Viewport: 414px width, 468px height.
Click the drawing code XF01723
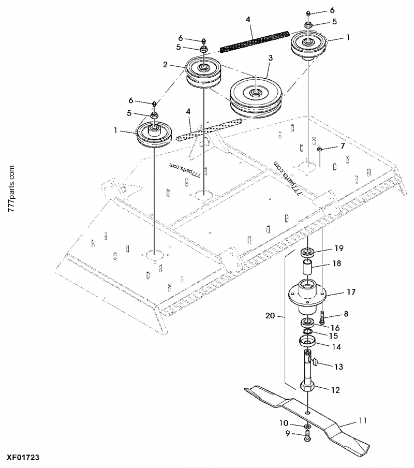pos(23,458)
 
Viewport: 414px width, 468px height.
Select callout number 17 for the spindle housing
pos(351,292)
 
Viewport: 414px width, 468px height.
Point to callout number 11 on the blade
pos(362,421)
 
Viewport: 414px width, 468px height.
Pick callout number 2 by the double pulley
pos(165,65)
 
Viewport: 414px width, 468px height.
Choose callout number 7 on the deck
pos(342,147)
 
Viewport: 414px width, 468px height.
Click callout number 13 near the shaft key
pos(338,367)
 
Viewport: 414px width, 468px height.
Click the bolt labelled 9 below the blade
pos(307,438)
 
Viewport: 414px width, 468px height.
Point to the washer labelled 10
pos(307,427)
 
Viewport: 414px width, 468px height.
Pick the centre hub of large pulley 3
pos(255,92)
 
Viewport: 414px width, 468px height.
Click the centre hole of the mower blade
pos(308,412)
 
